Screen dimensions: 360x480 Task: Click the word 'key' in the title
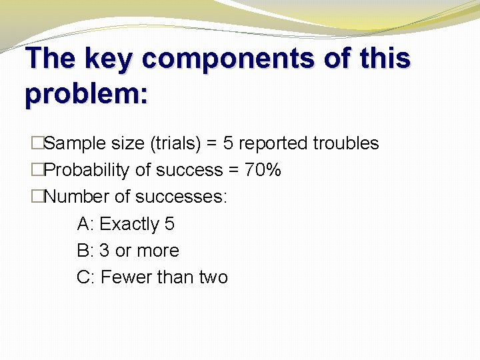[x=110, y=59]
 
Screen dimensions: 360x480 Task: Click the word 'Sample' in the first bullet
[x=73, y=143]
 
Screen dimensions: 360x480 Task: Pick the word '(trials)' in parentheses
[x=174, y=143]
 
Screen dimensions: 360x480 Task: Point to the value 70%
[x=263, y=171]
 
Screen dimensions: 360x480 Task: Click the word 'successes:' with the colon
[x=181, y=197]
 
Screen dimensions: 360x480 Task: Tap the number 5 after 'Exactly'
[x=169, y=224]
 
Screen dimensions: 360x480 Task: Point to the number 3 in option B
[x=104, y=251]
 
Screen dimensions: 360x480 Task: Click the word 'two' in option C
[x=213, y=277]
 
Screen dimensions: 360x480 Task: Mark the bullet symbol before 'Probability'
[x=37, y=171]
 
